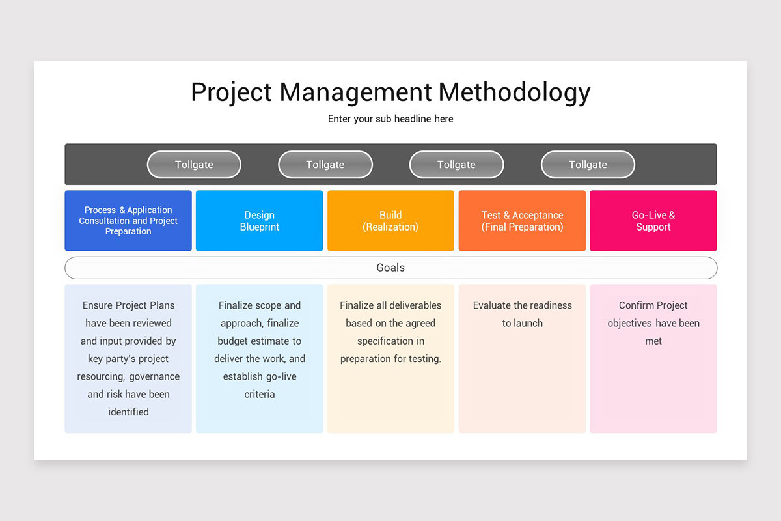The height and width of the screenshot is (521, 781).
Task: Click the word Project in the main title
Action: coord(230,92)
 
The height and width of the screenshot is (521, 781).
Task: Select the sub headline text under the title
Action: coord(390,119)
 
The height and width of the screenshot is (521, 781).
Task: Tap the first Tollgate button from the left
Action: coord(194,165)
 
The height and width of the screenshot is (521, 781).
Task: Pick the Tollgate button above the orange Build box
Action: coord(456,165)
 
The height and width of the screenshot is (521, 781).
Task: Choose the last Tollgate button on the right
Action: coord(588,165)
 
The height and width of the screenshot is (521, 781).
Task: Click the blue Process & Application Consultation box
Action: coord(128,221)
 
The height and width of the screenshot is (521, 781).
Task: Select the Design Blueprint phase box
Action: coord(259,221)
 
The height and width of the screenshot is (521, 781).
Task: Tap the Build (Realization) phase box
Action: coord(390,221)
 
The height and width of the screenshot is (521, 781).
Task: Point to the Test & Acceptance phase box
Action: coord(522,221)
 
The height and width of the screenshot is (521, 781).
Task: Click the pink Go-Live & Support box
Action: coord(653,221)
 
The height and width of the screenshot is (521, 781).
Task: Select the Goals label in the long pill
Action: coord(390,268)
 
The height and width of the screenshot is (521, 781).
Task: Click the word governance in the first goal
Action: coord(154,376)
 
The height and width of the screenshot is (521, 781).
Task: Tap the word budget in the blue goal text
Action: coord(232,341)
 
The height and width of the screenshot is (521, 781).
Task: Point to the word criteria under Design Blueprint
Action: coord(259,394)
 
